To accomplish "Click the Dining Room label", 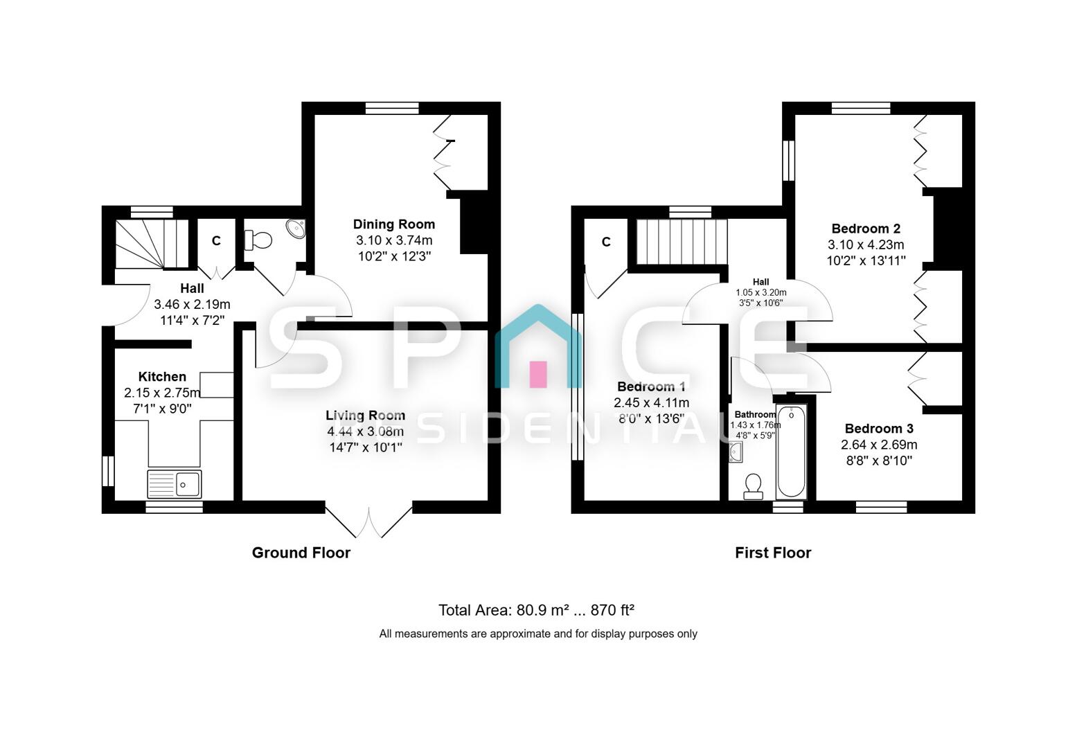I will tap(393, 224).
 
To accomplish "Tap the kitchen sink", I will tap(175, 484).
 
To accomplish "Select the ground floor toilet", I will tap(258, 240).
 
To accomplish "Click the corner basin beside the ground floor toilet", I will tap(296, 229).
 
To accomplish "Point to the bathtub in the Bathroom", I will tap(790, 452).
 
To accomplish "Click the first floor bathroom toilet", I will tap(753, 486).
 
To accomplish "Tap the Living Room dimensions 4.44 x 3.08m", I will tap(365, 431).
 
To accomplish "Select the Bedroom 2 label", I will tap(865, 229).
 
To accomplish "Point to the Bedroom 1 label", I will tap(651, 386).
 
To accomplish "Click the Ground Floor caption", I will tap(301, 553).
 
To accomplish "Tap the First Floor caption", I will tap(772, 553).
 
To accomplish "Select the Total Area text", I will tap(537, 610).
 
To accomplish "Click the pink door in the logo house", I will tap(538, 374).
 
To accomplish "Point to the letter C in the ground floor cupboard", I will tap(216, 241).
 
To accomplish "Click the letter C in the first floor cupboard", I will tap(606, 242).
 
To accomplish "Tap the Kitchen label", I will tap(162, 377).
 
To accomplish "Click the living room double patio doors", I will tap(369, 522).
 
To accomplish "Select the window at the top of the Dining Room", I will tap(392, 108).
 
